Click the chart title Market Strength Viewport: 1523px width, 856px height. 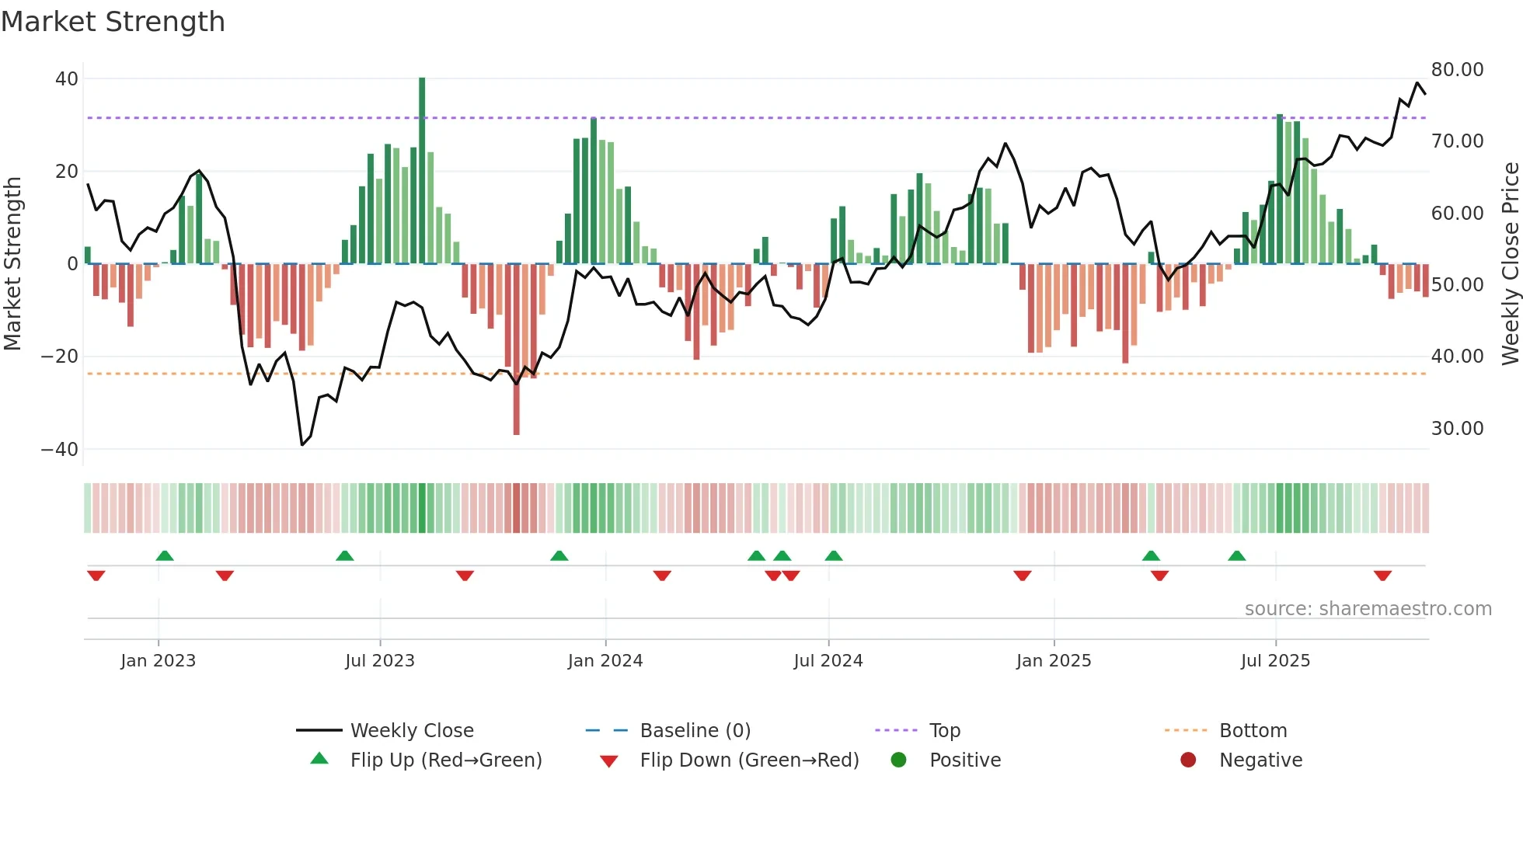(113, 22)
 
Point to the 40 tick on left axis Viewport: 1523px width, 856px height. (67, 78)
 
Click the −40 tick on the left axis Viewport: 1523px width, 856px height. (59, 449)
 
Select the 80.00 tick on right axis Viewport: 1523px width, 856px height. (1457, 70)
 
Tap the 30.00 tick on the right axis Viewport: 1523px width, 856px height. (1457, 428)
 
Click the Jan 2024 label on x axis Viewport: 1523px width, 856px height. (605, 661)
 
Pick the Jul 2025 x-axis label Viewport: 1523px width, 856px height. (1275, 661)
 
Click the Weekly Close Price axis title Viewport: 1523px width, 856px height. (1510, 263)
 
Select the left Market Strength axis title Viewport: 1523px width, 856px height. (13, 263)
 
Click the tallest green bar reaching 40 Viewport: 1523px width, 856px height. (422, 171)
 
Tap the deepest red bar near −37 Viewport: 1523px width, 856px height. (516, 350)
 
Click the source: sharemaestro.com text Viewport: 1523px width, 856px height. (1368, 609)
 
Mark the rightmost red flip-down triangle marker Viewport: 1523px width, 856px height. (1382, 576)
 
